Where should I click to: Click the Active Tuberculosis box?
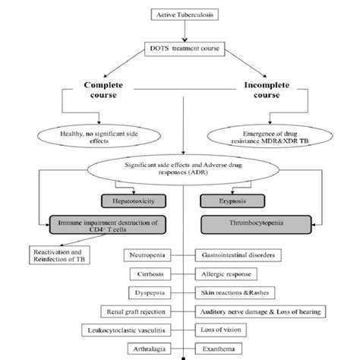pyautogui.click(x=185, y=14)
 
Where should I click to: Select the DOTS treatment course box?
pyautogui.click(x=185, y=49)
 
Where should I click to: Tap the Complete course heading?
pyautogui.click(x=103, y=90)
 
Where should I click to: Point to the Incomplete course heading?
pyautogui.click(x=267, y=90)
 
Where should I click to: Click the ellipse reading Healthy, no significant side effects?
pyautogui.click(x=99, y=136)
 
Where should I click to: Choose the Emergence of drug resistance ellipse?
pyautogui.click(x=270, y=136)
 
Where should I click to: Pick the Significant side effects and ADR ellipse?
pyautogui.click(x=183, y=169)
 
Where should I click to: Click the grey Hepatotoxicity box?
pyautogui.click(x=134, y=201)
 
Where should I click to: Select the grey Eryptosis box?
pyautogui.click(x=232, y=201)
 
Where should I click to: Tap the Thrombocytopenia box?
pyautogui.click(x=256, y=225)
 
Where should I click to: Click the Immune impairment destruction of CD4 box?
pyautogui.click(x=108, y=225)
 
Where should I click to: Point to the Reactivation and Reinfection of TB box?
pyautogui.click(x=59, y=255)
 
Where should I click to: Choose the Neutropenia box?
pyautogui.click(x=147, y=255)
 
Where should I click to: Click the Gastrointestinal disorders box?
pyautogui.click(x=238, y=255)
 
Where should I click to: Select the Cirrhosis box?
pyautogui.click(x=150, y=274)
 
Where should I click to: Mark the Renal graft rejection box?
pyautogui.click(x=136, y=311)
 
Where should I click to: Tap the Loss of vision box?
pyautogui.click(x=221, y=330)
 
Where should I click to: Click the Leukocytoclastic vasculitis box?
pyautogui.click(x=126, y=330)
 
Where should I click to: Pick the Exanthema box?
pyautogui.click(x=219, y=349)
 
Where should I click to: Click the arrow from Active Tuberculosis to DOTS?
pyautogui.click(x=185, y=31)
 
